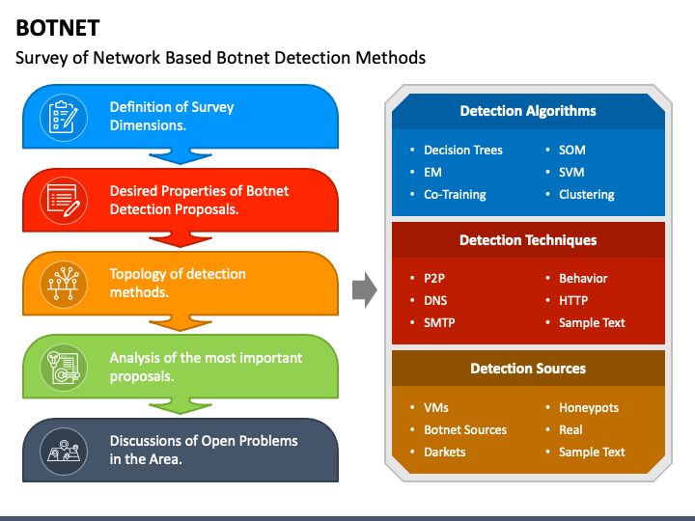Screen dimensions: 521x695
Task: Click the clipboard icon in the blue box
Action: [64, 116]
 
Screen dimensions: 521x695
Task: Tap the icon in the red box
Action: [64, 200]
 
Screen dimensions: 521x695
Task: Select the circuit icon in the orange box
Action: [64, 283]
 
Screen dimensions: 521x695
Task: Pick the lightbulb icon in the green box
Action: [64, 367]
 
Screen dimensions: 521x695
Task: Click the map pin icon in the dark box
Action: [64, 450]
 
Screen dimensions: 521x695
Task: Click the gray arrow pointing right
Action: [364, 288]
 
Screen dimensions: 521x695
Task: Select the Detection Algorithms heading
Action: [527, 111]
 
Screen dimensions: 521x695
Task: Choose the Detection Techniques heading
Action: [527, 240]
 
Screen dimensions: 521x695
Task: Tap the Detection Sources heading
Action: [527, 369]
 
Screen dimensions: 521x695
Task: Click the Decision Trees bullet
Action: [462, 150]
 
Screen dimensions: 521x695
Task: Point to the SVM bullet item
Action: [571, 172]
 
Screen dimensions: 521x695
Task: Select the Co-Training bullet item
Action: [455, 194]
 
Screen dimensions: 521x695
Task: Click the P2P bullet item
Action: [435, 278]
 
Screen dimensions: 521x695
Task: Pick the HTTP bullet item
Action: [573, 300]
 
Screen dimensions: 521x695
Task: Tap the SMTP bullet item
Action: [440, 322]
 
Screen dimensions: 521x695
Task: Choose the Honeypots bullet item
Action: [589, 407]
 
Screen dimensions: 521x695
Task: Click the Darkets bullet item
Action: [444, 452]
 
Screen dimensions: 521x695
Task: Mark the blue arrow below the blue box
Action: [179, 155]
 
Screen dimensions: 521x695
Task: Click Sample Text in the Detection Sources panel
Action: [592, 452]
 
